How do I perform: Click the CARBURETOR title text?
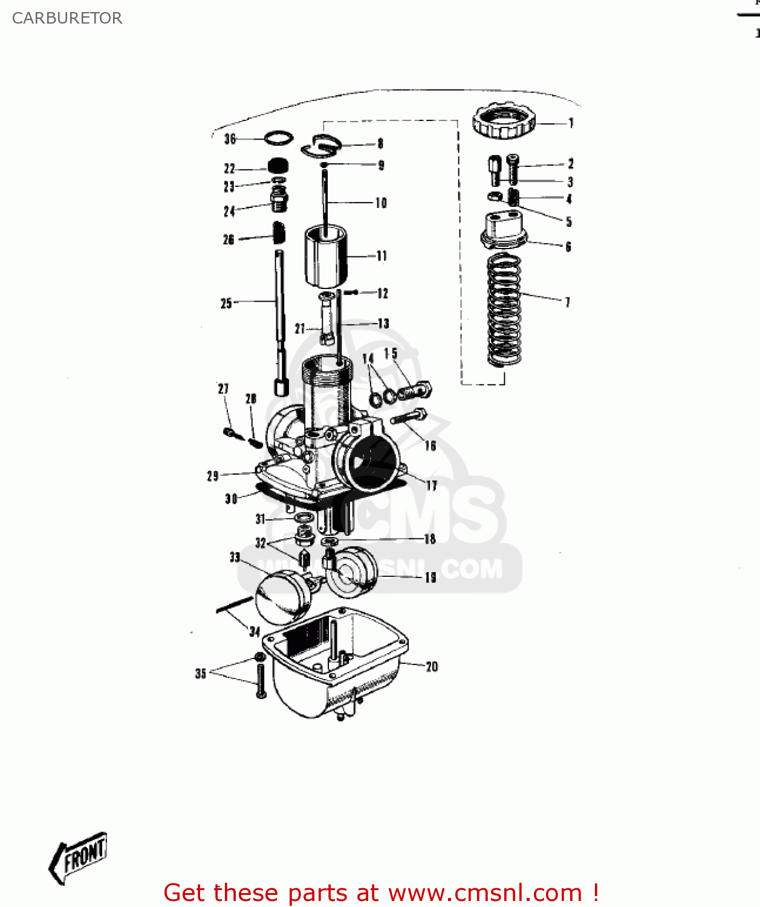click(x=67, y=18)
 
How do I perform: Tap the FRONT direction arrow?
click(x=79, y=857)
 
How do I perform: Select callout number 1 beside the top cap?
click(x=570, y=123)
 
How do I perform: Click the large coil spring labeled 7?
click(x=504, y=310)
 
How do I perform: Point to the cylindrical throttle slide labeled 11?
click(x=325, y=256)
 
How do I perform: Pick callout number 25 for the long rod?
click(x=226, y=303)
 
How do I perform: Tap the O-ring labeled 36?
click(x=279, y=138)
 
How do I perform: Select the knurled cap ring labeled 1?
click(x=504, y=121)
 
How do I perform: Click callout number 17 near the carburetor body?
click(x=431, y=485)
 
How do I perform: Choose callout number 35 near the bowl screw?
click(x=201, y=673)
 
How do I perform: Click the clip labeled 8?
click(x=322, y=146)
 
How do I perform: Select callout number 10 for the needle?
click(x=381, y=203)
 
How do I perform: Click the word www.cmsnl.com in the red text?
click(x=485, y=893)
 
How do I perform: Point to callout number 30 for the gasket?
click(x=231, y=499)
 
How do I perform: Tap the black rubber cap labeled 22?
click(x=278, y=166)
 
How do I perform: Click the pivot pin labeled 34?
click(x=234, y=604)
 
